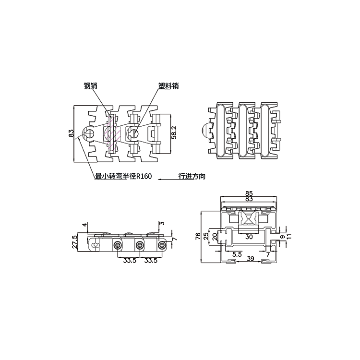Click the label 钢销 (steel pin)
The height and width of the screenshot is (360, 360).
[90, 85]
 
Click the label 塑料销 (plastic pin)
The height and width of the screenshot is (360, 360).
[168, 85]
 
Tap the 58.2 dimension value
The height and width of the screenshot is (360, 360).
[174, 132]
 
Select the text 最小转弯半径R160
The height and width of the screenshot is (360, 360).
[123, 176]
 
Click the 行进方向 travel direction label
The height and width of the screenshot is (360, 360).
[192, 176]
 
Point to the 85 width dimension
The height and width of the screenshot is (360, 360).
[249, 193]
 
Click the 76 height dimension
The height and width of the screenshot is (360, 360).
[198, 237]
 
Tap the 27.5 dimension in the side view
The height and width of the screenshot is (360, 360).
[75, 242]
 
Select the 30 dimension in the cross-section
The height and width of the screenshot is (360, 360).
[249, 237]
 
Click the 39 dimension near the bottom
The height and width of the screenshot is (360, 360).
[250, 259]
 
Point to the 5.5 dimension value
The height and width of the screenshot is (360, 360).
[237, 254]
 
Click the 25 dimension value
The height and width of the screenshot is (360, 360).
[206, 236]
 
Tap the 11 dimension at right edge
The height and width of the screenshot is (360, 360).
[289, 236]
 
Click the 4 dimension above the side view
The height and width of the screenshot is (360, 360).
[85, 225]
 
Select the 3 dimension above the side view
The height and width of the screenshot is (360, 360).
[162, 223]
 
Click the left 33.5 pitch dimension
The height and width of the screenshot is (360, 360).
[130, 261]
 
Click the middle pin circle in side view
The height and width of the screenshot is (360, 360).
[140, 246]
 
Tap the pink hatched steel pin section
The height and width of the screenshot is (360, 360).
[113, 132]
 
